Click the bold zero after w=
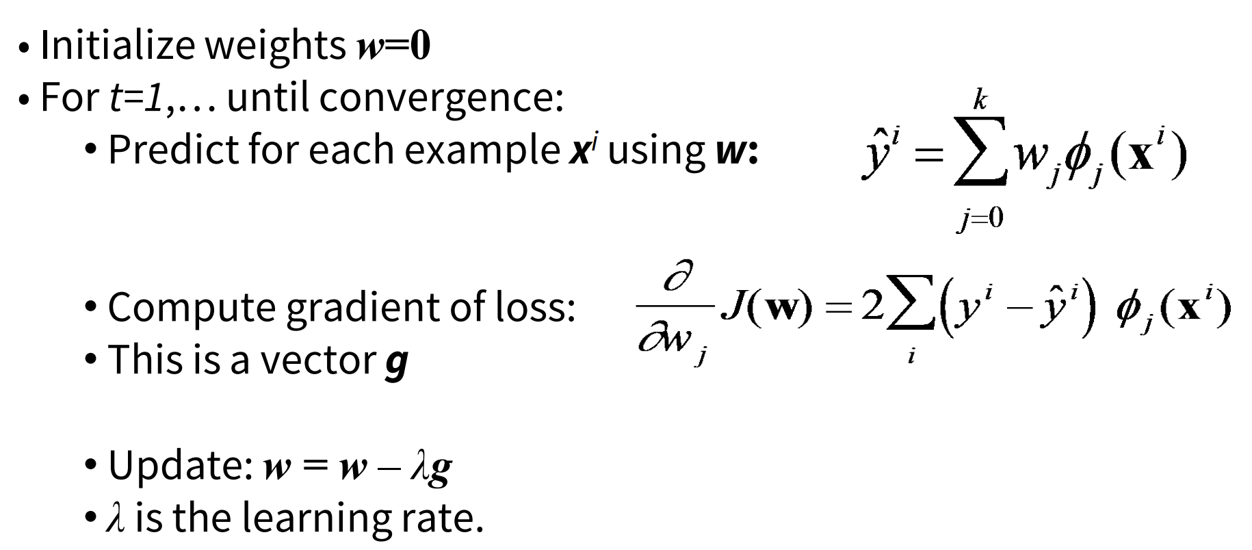coord(419,47)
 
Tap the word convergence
coord(441,97)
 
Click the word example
coord(482,149)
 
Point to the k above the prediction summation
coord(980,101)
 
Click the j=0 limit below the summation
coord(980,218)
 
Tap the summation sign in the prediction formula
coord(980,159)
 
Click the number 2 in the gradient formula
coord(872,308)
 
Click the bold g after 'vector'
coord(396,363)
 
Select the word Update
coord(181,465)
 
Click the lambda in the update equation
coord(418,467)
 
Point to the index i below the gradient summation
coord(911,356)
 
